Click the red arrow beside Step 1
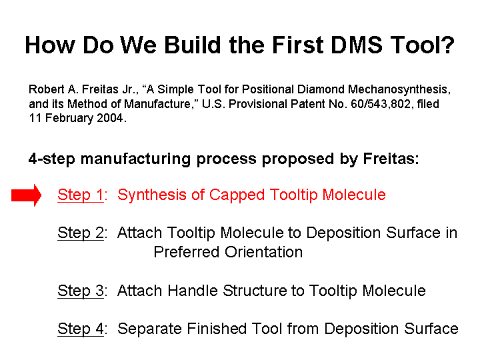click(x=26, y=195)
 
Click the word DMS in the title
click(x=356, y=45)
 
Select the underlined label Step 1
click(x=81, y=195)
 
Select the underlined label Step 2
click(x=81, y=233)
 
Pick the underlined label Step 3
click(x=81, y=291)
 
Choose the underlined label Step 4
click(x=81, y=329)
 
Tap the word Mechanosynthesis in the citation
click(x=399, y=89)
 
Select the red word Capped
click(x=237, y=195)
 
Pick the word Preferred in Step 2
click(x=187, y=252)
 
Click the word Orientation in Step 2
click(x=263, y=252)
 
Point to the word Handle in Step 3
click(x=193, y=291)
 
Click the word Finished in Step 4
click(x=217, y=329)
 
